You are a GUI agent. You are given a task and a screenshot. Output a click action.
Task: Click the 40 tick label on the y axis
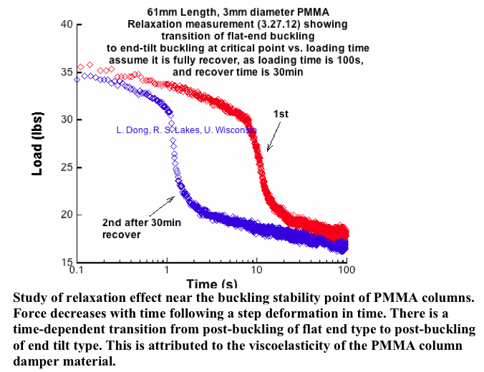[x=64, y=24]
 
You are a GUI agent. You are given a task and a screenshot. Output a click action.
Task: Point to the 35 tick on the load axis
[x=64, y=72]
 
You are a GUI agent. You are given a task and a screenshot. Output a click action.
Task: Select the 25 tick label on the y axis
[x=64, y=167]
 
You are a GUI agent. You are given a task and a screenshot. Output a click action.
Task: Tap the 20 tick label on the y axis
[x=64, y=215]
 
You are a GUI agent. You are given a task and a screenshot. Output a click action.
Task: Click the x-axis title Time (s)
[x=213, y=284]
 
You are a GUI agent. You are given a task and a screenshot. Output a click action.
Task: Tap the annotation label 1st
[x=281, y=114]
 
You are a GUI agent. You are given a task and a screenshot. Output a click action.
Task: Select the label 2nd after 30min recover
[x=130, y=228]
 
